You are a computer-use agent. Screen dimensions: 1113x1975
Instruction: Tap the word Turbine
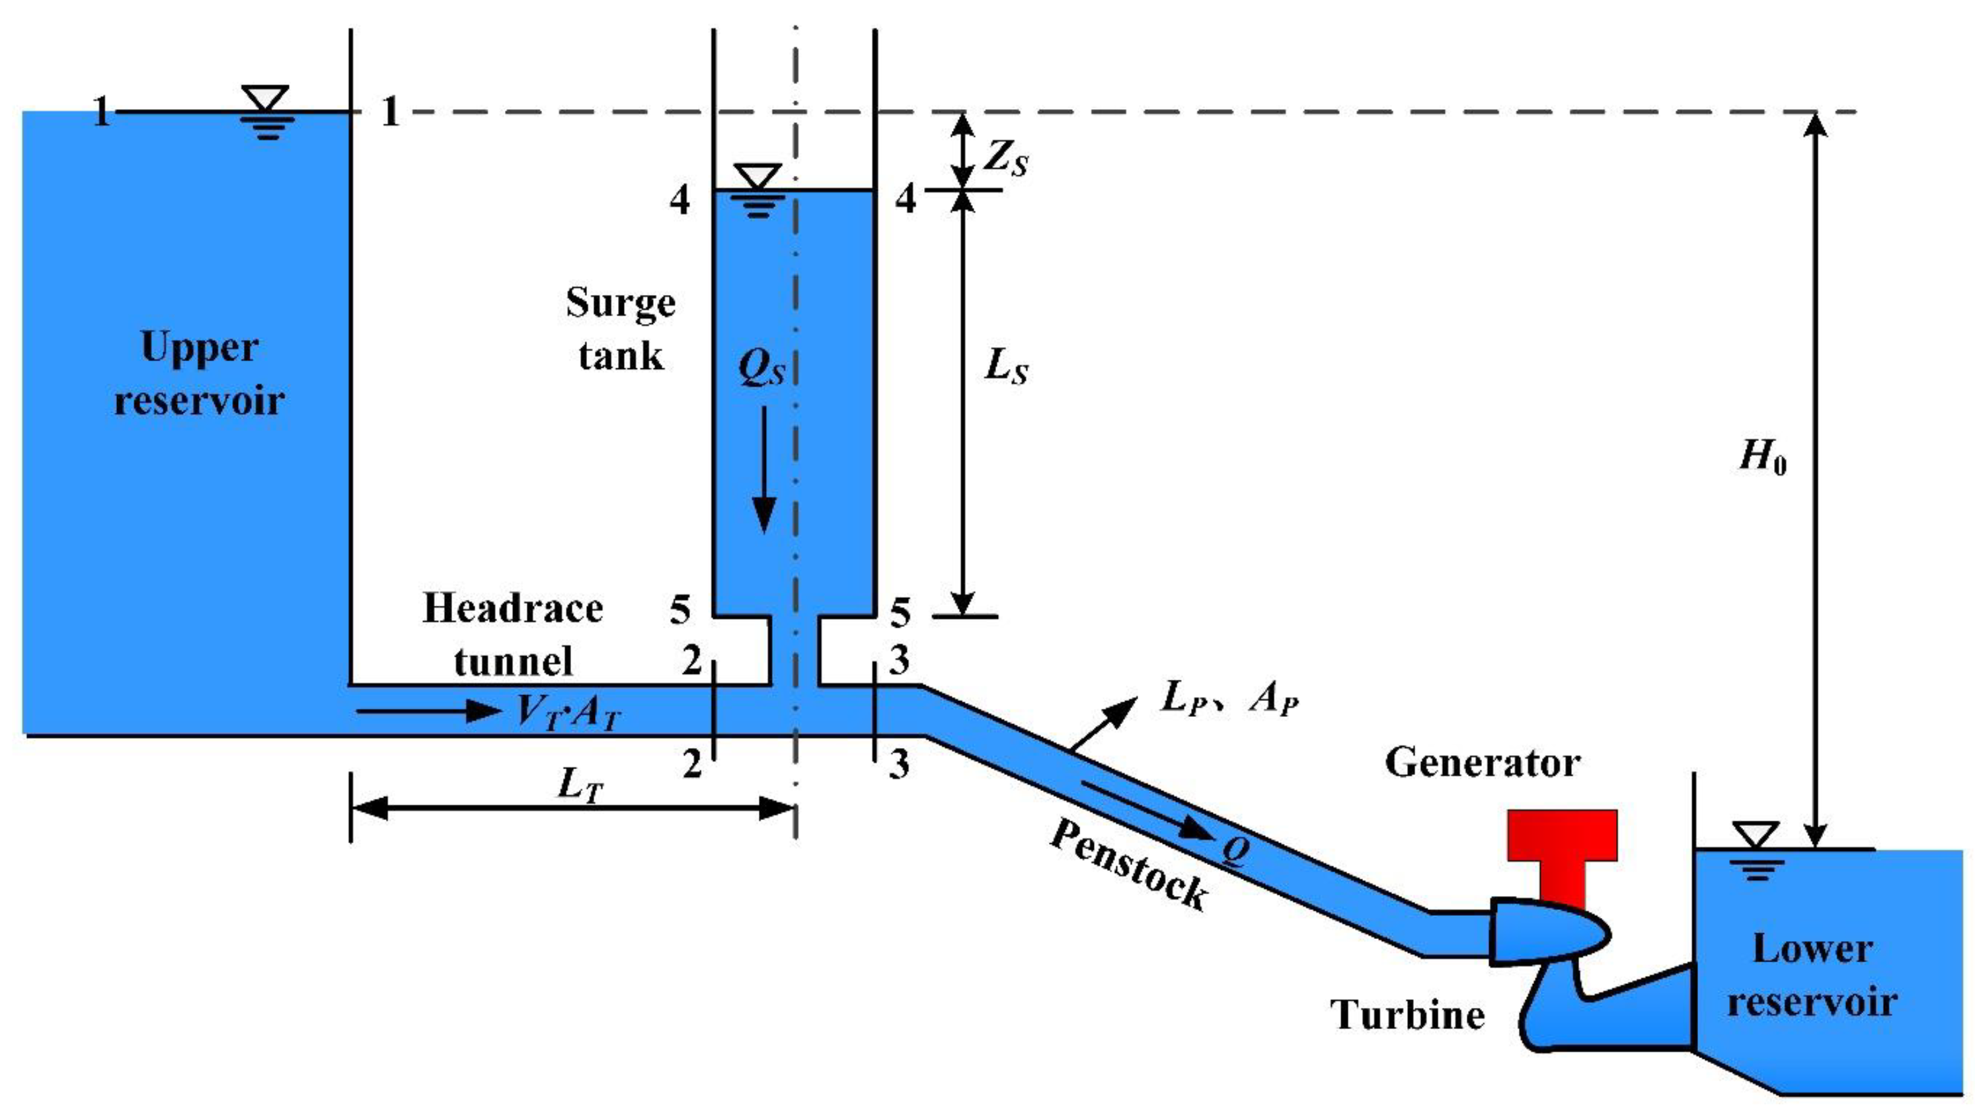pos(1407,1016)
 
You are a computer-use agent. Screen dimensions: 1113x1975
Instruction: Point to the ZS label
pos(1005,159)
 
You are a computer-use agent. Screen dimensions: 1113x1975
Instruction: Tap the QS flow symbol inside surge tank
pos(761,368)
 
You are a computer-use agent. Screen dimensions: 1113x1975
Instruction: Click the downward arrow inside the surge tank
pos(763,468)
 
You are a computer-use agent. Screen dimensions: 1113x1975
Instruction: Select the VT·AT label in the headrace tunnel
pos(567,713)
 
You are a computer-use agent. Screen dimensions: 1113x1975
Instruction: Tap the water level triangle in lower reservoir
pos(1756,835)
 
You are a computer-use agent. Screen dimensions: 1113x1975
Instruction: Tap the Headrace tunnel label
pos(513,634)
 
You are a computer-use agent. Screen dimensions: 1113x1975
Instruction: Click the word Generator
pos(1482,764)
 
